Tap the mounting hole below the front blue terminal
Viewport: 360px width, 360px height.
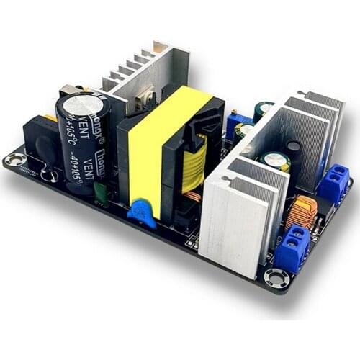(275, 276)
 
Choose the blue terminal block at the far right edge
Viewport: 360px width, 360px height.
(333, 184)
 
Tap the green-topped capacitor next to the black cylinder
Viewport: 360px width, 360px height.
(276, 160)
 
